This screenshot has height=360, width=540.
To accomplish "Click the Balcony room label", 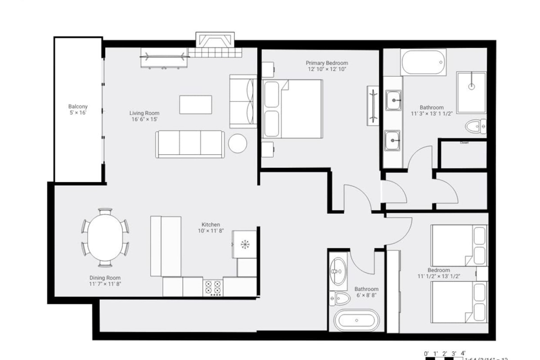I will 77,107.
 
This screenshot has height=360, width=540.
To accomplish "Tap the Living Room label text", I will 144,113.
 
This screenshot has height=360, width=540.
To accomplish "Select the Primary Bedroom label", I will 327,63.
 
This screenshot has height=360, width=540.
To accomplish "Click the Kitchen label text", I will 210,225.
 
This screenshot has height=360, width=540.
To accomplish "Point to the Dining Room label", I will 105,278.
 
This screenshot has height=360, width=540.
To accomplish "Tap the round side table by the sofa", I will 237,144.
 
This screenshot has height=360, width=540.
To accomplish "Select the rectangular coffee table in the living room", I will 195,104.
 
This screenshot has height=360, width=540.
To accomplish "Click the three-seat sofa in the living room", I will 189,144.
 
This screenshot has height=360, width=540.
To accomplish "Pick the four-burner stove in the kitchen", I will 213,288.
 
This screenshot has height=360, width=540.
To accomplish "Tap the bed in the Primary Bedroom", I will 293,109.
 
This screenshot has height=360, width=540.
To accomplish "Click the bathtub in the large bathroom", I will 423,62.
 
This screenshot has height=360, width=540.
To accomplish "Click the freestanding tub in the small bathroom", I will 356,320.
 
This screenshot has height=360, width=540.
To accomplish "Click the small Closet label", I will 464,143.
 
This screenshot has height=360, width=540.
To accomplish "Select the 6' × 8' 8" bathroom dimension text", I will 366,296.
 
